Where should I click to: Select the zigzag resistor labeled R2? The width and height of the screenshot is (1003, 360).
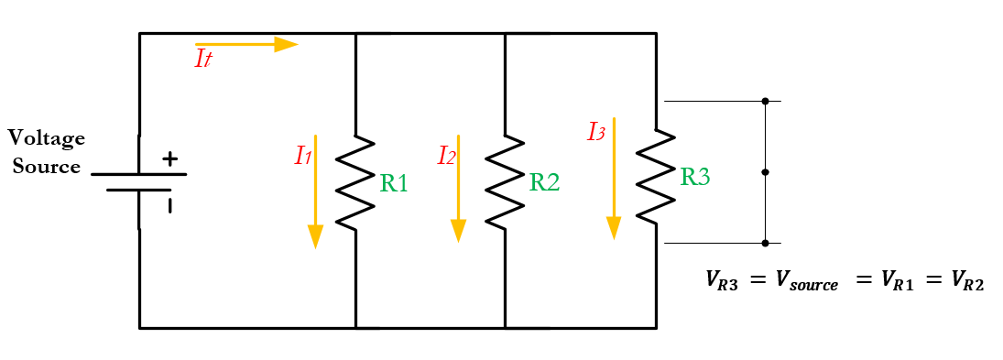click(505, 182)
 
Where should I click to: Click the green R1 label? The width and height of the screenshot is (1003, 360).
click(394, 183)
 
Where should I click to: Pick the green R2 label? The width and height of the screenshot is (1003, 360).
click(544, 182)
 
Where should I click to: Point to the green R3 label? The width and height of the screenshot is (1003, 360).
click(695, 177)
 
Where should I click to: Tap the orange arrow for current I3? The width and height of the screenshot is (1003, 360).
click(614, 179)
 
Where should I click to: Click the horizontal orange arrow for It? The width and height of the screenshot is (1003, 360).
click(246, 44)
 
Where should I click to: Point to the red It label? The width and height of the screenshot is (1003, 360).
click(203, 60)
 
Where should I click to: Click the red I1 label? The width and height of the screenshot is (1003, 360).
click(302, 156)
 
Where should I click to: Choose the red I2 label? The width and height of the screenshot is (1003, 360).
click(446, 156)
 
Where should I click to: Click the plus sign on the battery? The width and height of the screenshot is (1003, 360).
click(169, 158)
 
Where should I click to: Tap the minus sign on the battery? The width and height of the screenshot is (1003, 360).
click(170, 207)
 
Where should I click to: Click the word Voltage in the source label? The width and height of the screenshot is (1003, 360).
click(47, 138)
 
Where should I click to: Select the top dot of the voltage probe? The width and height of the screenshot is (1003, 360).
click(765, 101)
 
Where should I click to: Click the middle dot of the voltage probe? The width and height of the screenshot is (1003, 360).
click(765, 171)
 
